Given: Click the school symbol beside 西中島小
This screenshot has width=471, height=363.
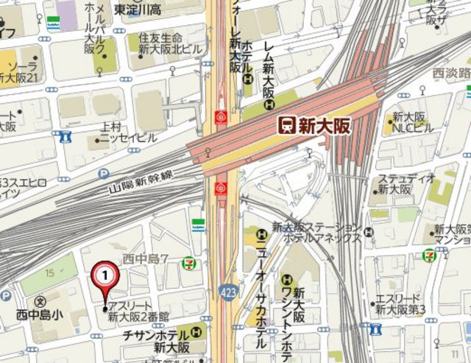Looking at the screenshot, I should point(40,302).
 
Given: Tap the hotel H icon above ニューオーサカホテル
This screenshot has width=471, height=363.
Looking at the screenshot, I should point(260,236).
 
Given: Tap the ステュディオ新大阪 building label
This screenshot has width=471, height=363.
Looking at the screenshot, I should point(403,184).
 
